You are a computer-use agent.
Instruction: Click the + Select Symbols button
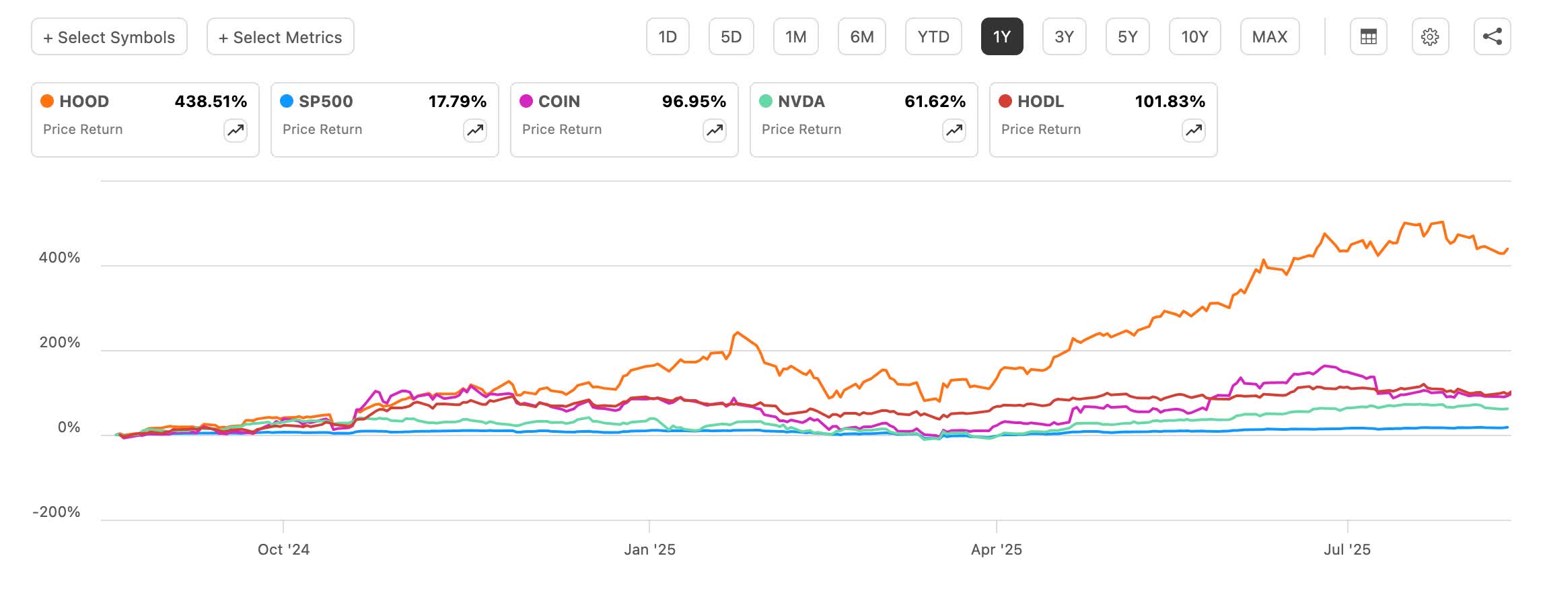pos(109,37)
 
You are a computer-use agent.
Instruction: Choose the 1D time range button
pos(667,37)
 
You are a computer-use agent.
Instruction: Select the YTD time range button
pos(933,37)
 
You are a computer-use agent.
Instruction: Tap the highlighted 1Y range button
pos(1001,37)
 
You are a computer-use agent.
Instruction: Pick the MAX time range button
pos(1269,37)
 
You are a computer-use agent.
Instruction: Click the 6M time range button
pos(861,37)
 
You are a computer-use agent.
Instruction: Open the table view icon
pos(1368,37)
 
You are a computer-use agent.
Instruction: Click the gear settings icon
pos(1430,37)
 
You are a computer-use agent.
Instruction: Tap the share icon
pos(1492,37)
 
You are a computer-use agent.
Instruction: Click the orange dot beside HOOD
pos(47,102)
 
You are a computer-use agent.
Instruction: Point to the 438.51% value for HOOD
pos(211,102)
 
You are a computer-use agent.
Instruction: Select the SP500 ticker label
pos(326,102)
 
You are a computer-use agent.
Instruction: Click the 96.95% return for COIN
pos(694,102)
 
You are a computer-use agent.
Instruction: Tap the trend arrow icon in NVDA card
pos(954,130)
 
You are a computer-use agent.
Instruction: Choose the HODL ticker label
pos(1040,102)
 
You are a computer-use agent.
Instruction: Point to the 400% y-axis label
pos(59,258)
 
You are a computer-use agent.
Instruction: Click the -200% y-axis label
pos(57,512)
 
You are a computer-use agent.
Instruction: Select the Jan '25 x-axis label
pos(649,550)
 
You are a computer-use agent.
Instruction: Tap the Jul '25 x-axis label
pos(1347,550)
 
